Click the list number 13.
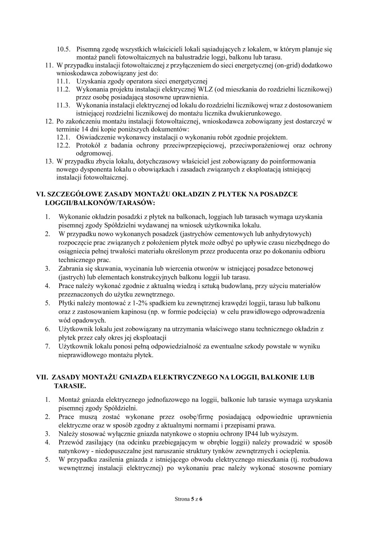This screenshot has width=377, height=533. (x=49, y=161)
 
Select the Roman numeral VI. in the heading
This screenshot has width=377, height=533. (x=40, y=194)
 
